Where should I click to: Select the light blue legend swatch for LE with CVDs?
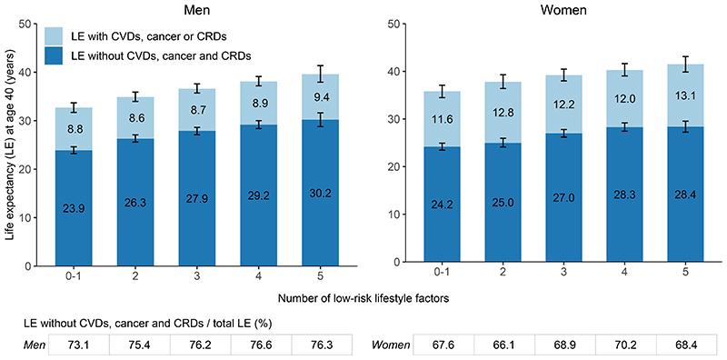(x=56, y=35)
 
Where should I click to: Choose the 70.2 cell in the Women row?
(x=604, y=346)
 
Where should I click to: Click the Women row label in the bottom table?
(x=393, y=346)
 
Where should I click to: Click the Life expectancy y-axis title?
(x=11, y=143)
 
